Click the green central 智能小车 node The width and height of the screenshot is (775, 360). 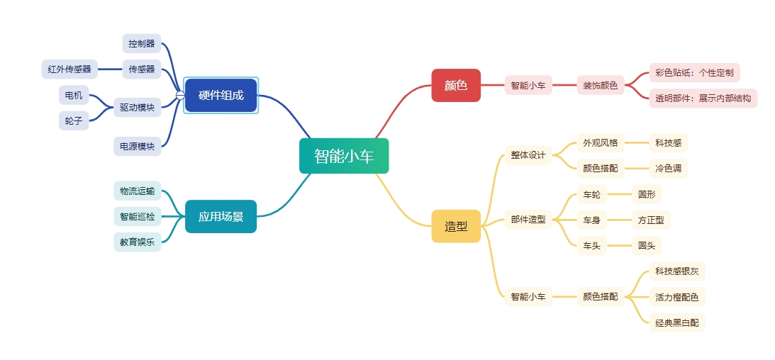[344, 156]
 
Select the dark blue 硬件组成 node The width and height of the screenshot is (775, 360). [221, 96]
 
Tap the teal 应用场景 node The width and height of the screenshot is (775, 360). [221, 216]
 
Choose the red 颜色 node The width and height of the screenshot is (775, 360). [456, 85]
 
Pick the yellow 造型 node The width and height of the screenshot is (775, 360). [456, 226]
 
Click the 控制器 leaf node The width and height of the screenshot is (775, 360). [142, 44]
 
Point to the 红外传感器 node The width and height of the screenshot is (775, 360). [69, 69]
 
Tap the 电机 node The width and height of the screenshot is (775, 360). [74, 95]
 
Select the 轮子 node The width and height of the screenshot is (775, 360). [74, 121]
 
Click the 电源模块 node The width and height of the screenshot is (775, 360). [138, 147]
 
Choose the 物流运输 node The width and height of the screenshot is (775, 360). [138, 191]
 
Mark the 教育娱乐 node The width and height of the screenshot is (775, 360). [138, 242]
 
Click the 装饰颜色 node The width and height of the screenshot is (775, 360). [601, 85]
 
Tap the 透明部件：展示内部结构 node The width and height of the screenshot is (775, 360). [703, 99]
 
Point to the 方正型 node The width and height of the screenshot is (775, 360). [651, 220]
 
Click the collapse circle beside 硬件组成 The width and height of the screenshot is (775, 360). [180, 95]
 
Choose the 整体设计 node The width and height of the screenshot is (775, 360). [528, 155]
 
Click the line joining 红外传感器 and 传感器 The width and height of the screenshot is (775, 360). [109, 69]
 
